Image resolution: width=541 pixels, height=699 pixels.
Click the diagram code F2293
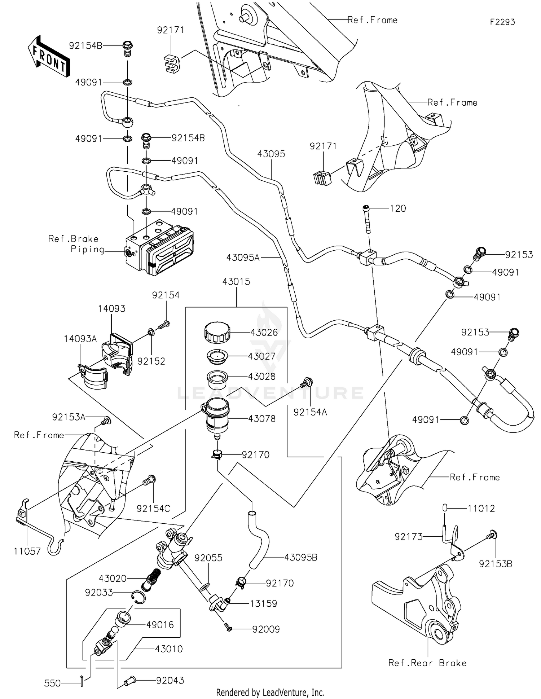click(x=502, y=22)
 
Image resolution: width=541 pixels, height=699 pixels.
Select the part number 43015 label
click(x=236, y=282)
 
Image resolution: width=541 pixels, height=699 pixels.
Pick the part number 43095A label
click(x=243, y=258)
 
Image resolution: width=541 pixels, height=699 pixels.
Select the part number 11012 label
click(x=481, y=508)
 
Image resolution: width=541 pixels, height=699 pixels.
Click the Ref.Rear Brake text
click(x=427, y=663)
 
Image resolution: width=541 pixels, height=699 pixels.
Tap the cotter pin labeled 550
click(x=82, y=681)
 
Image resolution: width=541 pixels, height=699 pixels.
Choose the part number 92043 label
click(x=170, y=680)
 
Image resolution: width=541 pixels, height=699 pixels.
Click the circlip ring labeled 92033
click(x=138, y=597)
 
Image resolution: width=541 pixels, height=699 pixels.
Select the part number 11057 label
click(x=27, y=551)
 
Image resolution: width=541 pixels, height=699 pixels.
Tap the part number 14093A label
click(x=80, y=339)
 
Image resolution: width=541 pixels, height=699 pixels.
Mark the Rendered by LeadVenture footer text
click(x=270, y=693)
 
